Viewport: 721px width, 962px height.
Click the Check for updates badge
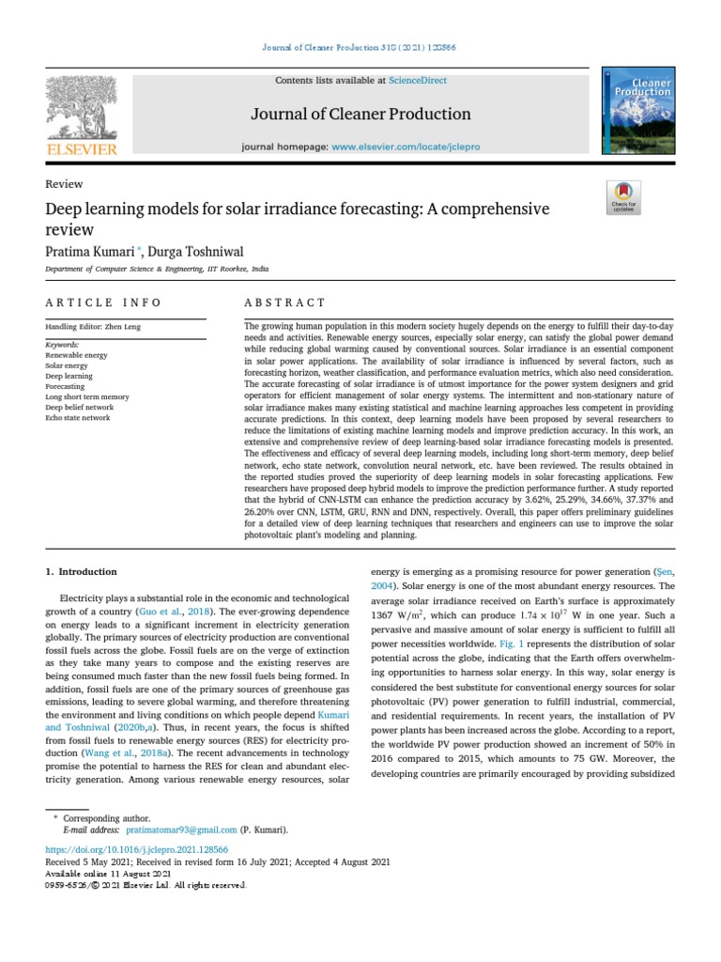pyautogui.click(x=623, y=195)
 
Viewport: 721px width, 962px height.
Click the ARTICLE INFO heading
pyautogui.click(x=103, y=303)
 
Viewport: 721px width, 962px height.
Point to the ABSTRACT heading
pyautogui.click(x=284, y=303)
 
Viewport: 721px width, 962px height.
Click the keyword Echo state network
pyautogui.click(x=78, y=418)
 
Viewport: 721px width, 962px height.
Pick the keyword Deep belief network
pyautogui.click(x=80, y=408)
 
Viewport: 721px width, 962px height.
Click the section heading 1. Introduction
pyautogui.click(x=82, y=571)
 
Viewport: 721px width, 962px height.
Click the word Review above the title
pyautogui.click(x=64, y=184)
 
